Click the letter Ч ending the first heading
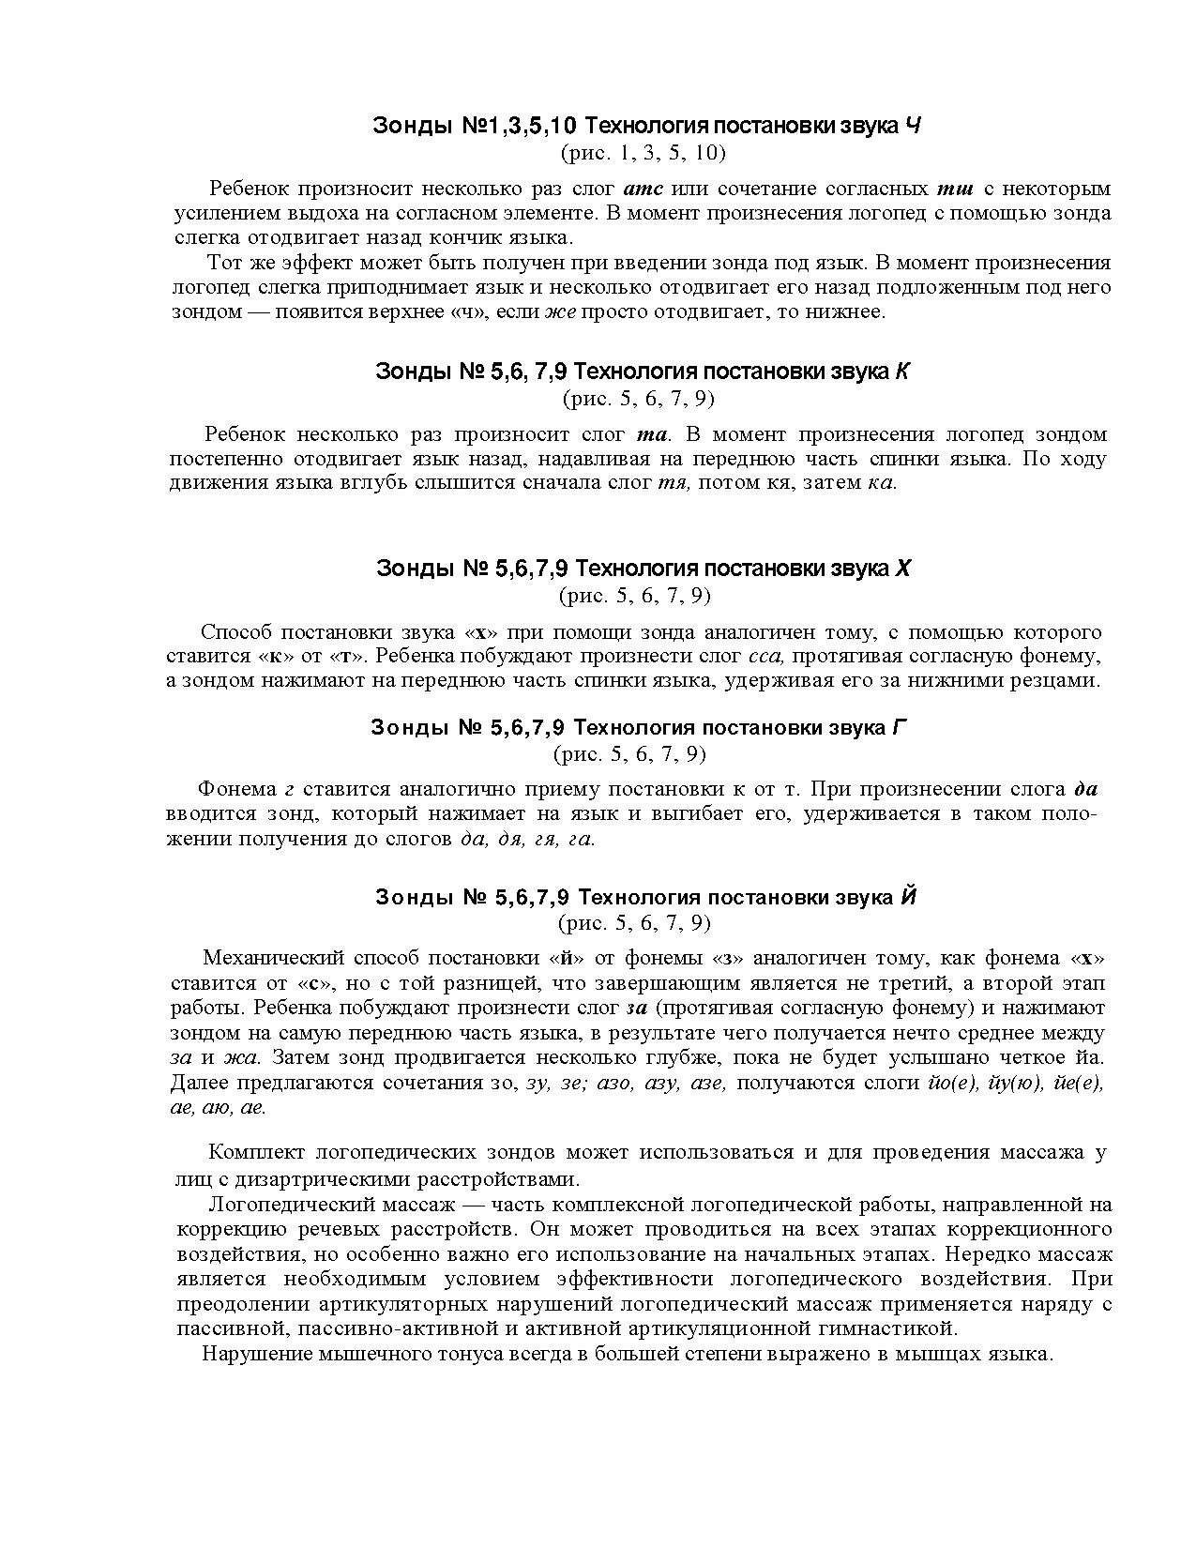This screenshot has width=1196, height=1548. (x=912, y=126)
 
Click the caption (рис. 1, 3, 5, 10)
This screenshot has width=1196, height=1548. (x=643, y=152)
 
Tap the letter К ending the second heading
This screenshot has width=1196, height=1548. (x=901, y=372)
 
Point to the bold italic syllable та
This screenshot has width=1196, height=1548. (x=651, y=434)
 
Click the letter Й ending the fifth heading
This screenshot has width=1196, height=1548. (x=907, y=898)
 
